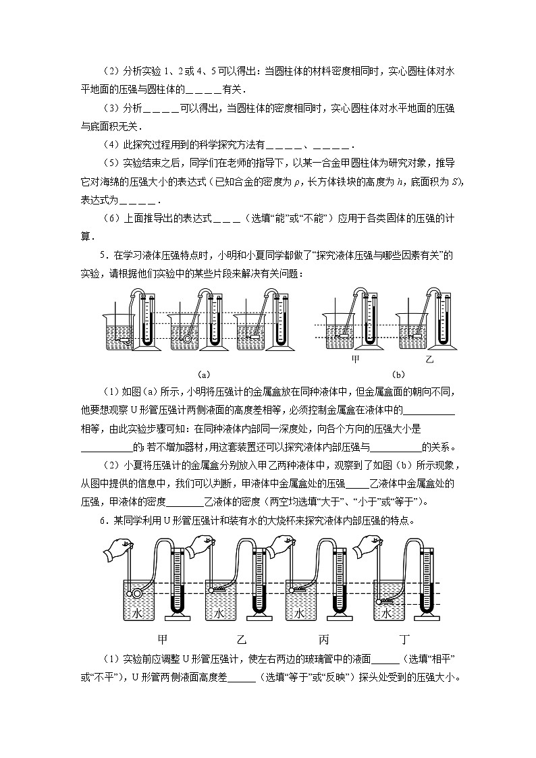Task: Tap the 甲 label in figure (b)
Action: [356, 359]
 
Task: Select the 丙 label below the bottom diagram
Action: [323, 639]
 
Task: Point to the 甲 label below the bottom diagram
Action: [162, 639]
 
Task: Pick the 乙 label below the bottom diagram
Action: [242, 639]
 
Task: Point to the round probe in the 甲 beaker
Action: [137, 594]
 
